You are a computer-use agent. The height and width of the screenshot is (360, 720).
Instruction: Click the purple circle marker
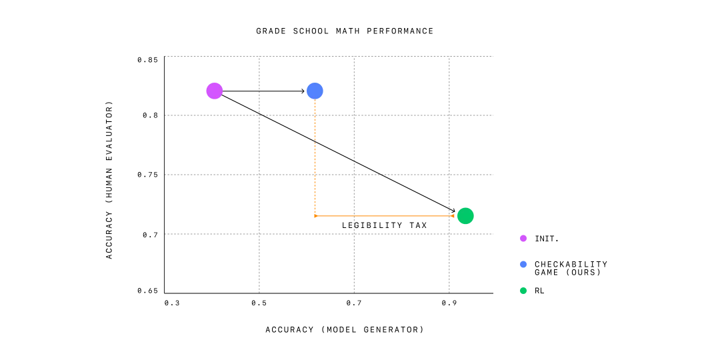213,91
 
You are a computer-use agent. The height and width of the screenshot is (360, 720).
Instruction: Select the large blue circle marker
315,91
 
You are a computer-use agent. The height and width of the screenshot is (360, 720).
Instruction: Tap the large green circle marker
465,216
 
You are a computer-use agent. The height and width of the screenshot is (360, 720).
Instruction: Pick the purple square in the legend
523,239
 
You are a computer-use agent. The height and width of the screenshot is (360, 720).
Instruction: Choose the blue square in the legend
523,264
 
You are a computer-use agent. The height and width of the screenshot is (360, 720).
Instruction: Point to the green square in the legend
523,291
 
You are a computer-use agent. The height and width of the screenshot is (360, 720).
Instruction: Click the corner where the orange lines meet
316,216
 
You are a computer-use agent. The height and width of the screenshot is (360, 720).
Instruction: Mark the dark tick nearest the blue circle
317,115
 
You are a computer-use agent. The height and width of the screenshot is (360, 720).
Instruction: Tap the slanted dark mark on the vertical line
317,141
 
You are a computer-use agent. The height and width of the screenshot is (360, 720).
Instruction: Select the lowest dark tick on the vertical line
317,173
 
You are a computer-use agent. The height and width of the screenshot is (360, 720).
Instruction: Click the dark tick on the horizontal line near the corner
355,216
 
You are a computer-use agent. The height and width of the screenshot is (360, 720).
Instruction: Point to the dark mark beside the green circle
451,216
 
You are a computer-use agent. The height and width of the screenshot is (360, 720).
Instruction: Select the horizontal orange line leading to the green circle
400,216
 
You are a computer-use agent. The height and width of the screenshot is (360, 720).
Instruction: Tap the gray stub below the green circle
466,227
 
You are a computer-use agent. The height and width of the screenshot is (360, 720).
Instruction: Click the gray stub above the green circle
464,205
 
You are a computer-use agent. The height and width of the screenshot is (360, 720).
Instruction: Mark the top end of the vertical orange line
316,102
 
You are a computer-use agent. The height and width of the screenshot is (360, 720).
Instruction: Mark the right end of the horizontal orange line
455,216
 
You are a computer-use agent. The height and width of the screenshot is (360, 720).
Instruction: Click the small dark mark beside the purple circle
222,99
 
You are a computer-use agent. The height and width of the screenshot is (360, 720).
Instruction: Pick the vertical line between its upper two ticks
316,128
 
